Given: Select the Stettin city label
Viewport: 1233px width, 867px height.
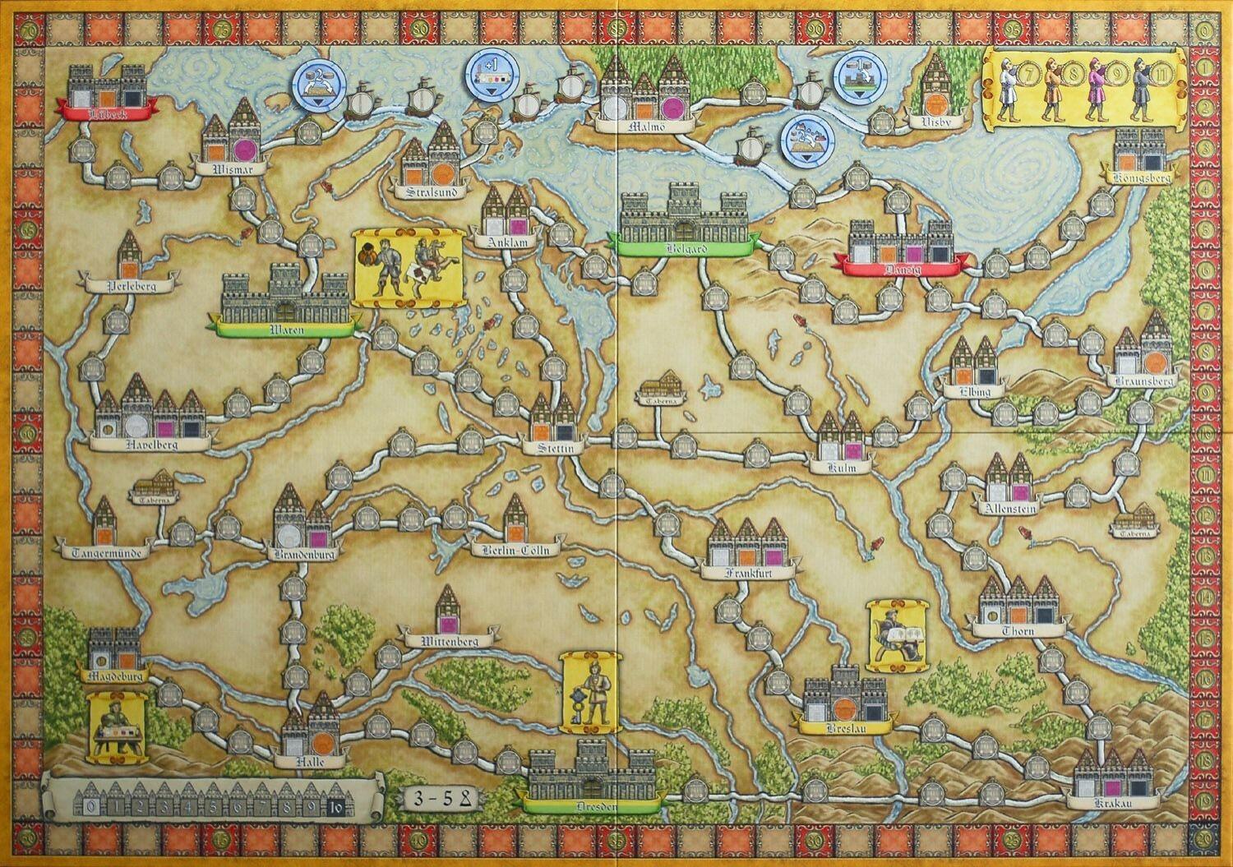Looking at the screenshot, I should (555, 448).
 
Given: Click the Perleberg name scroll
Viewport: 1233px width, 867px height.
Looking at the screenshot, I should (132, 286).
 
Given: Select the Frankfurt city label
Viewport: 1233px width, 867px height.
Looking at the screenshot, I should (747, 573).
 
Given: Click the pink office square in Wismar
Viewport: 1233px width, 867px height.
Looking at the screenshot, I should (244, 150).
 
